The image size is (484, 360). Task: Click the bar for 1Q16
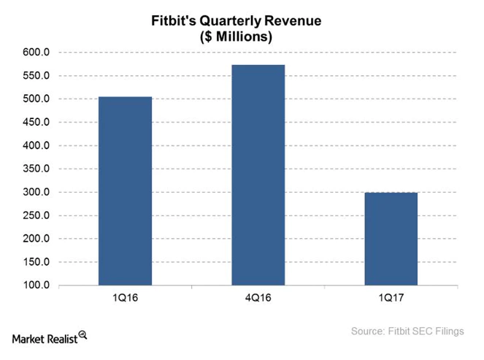125,191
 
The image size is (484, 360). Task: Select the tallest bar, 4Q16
258,175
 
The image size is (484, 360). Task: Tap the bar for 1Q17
391,239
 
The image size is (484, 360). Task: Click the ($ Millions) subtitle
241,37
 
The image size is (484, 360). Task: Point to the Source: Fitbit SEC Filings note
407,332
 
